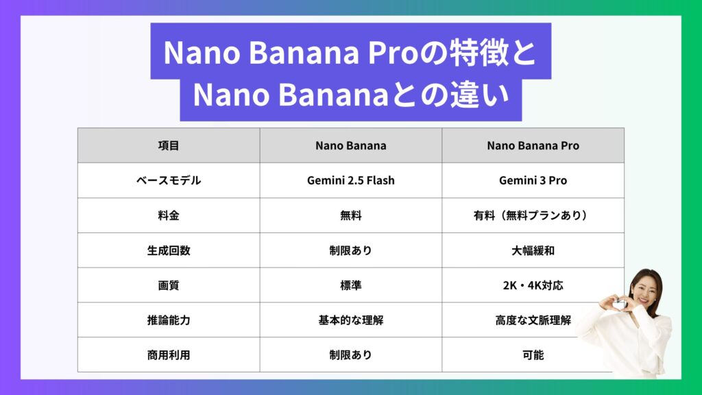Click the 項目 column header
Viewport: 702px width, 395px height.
click(x=169, y=145)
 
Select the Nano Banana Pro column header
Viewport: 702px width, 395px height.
click(x=533, y=145)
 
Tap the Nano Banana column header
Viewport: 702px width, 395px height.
click(x=350, y=145)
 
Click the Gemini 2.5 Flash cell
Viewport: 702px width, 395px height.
click(x=350, y=180)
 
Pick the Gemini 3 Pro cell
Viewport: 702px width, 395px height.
click(x=533, y=180)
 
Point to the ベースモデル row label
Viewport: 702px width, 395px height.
click(x=169, y=180)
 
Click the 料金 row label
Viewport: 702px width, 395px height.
click(x=169, y=215)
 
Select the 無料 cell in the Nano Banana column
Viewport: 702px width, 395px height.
click(x=350, y=215)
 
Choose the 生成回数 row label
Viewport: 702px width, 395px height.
click(x=169, y=250)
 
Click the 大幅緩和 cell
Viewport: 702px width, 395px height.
click(x=533, y=250)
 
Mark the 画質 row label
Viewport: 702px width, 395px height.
click(x=169, y=285)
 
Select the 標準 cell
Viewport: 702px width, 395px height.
click(x=350, y=285)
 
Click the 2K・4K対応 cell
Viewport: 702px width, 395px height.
click(x=533, y=285)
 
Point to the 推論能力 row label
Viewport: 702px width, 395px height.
click(x=169, y=320)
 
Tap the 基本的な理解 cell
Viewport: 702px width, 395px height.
click(x=350, y=320)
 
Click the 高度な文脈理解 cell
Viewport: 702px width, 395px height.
click(x=533, y=320)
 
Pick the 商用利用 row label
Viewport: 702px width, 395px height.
click(x=169, y=355)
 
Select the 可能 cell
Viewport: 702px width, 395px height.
click(x=533, y=355)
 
